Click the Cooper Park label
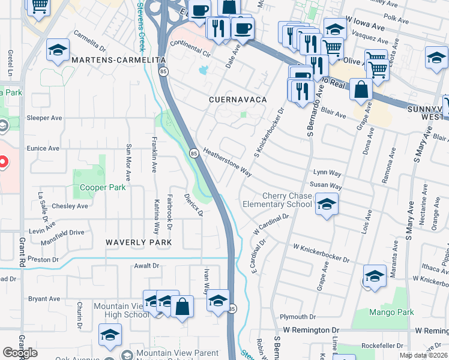[103, 187]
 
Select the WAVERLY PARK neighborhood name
[139, 242]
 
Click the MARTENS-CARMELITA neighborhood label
[118, 61]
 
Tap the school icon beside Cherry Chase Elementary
[327, 205]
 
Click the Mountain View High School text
[121, 310]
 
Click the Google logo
[20, 353]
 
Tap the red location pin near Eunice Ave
[2, 161]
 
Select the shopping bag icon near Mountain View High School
[182, 305]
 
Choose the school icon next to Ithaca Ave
[375, 276]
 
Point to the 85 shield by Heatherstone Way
[194, 153]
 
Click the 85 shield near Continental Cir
[164, 71]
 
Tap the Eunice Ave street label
[43, 148]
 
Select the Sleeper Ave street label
[46, 118]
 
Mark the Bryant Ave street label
[44, 299]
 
